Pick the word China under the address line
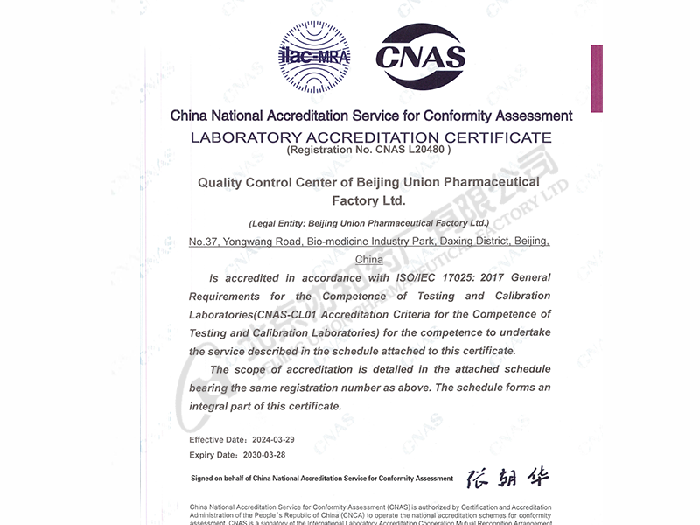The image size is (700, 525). tap(370, 260)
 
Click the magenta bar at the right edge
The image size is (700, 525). tap(597, 78)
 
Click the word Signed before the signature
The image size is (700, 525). tap(202, 479)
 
